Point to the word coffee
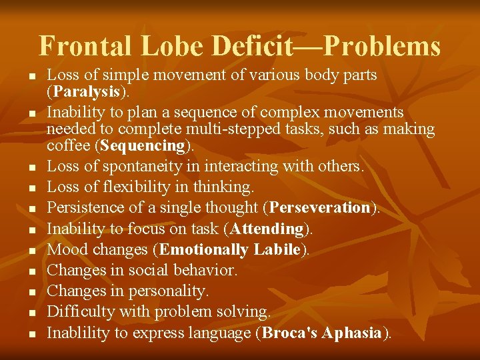coord(69,145)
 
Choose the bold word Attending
coord(267,229)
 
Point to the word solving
coord(244,312)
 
